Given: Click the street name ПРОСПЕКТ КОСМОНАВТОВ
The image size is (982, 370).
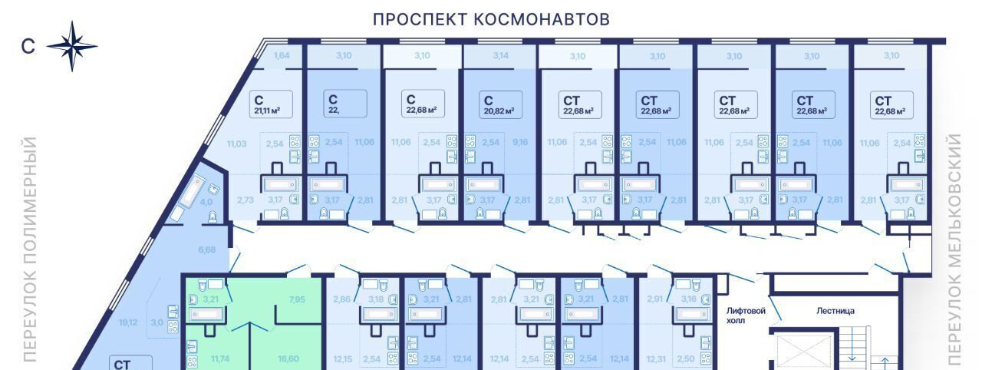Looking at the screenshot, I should (491, 19).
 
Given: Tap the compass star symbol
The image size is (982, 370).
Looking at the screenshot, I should (72, 46).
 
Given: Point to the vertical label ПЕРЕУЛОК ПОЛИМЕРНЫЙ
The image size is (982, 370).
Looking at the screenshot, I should (31, 249).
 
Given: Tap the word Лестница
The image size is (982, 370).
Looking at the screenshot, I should (835, 311).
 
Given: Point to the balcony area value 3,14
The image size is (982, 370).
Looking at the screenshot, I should (500, 55).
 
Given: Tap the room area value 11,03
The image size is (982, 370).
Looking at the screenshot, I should (236, 144).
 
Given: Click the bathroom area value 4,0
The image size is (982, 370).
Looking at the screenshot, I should (206, 203).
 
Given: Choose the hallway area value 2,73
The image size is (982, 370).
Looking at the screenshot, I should (245, 200).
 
